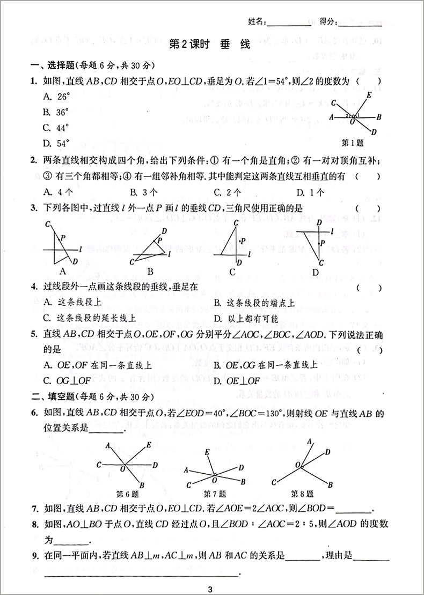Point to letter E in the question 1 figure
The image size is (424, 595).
pos(369,96)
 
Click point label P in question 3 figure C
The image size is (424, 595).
pos(243,241)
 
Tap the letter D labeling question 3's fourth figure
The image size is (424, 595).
pos(316,271)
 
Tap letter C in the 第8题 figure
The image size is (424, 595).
pos(274,481)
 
